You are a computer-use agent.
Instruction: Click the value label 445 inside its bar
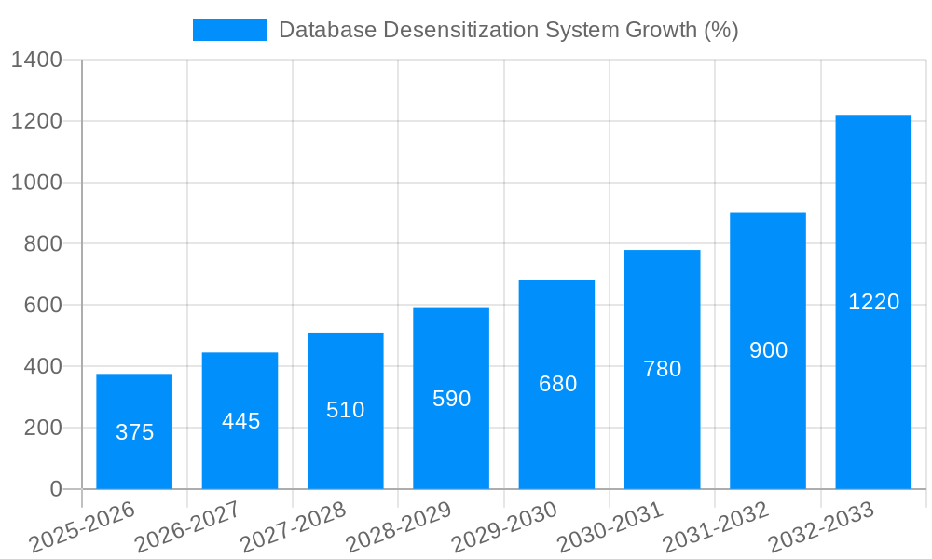click(240, 421)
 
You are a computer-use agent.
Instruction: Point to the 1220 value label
click(873, 302)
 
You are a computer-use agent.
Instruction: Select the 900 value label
click(768, 350)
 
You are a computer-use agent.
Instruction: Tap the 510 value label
click(346, 410)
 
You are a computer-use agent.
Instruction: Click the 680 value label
click(557, 384)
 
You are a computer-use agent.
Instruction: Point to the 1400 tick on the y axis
click(36, 61)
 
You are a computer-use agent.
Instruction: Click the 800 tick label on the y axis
click(42, 244)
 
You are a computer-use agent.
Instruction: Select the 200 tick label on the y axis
click(42, 428)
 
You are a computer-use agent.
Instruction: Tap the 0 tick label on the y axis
click(55, 489)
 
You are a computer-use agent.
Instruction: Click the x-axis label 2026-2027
click(187, 526)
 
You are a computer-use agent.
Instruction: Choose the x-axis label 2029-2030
click(504, 526)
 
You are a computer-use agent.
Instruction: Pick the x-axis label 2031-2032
click(716, 526)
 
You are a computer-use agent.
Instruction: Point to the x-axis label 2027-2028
click(293, 526)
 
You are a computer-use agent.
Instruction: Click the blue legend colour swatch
click(229, 30)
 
